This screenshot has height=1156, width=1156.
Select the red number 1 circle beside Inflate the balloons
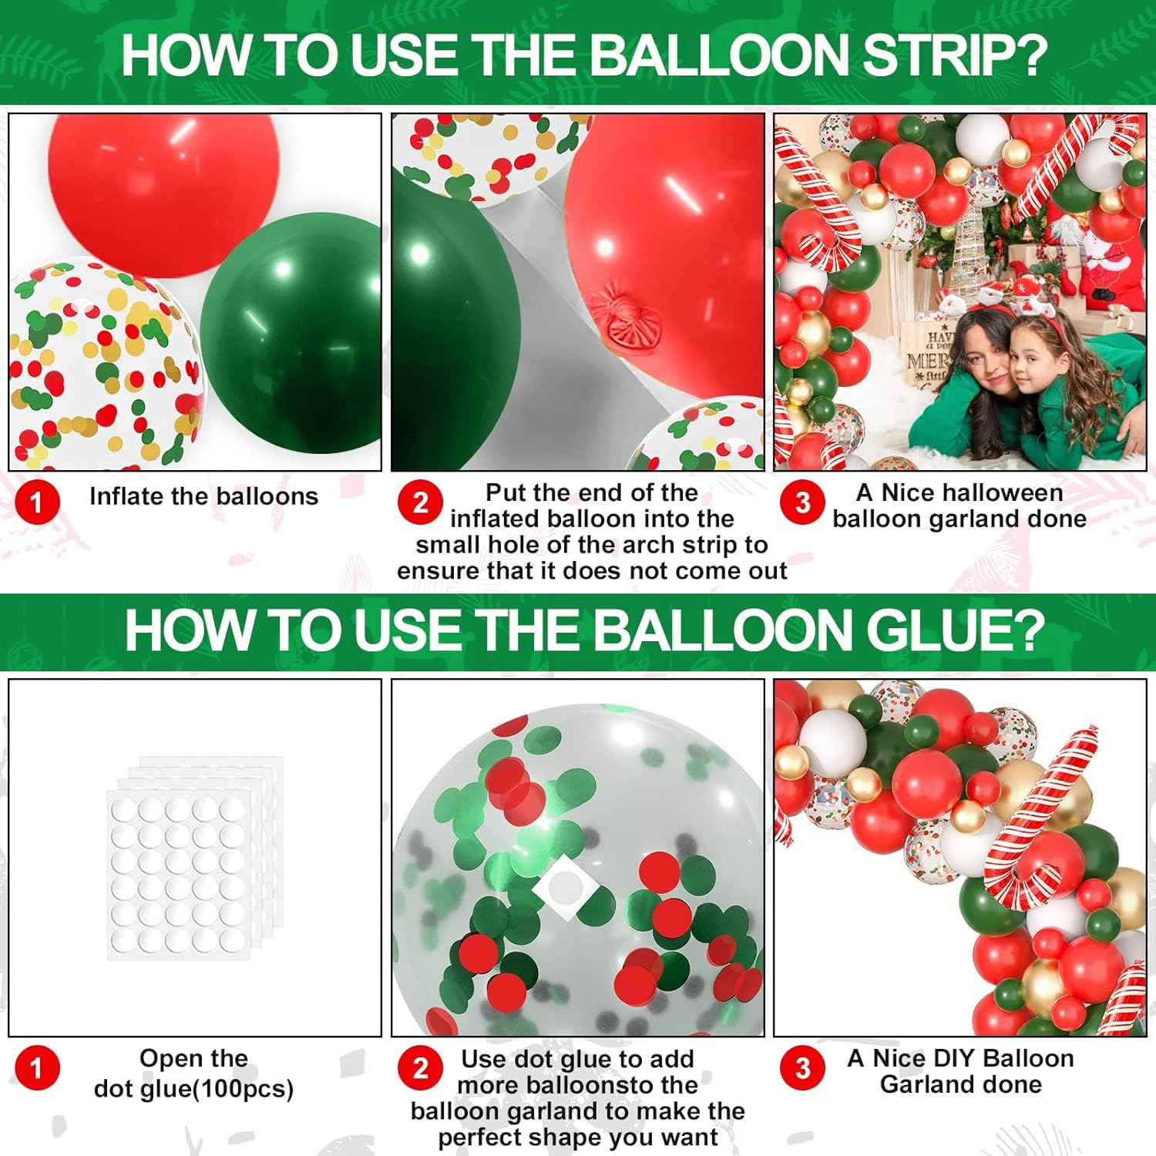[36, 502]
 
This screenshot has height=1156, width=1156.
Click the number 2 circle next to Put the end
[420, 502]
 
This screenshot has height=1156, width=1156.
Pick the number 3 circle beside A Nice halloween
[802, 502]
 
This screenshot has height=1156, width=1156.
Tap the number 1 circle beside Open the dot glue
[36, 1068]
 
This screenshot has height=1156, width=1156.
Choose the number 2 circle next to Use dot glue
[420, 1068]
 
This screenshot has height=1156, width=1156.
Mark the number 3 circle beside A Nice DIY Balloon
[802, 1068]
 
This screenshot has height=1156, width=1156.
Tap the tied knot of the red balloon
[636, 316]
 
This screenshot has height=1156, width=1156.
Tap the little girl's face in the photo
[1034, 359]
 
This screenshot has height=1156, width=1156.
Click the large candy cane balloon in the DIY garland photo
[1040, 825]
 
